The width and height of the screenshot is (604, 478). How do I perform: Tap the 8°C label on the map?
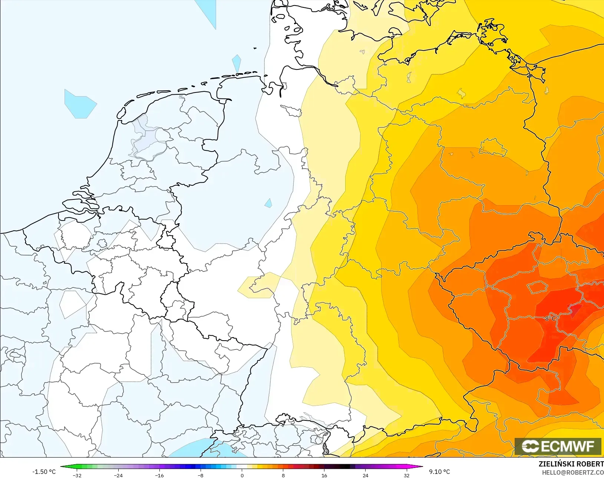550,318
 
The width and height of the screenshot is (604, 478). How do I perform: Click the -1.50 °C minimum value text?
44,472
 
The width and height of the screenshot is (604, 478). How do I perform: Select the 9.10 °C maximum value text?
439,472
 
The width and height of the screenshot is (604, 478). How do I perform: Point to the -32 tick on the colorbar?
77,475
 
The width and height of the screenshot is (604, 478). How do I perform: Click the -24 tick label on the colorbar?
118,475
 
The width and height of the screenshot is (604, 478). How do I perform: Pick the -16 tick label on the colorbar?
159,475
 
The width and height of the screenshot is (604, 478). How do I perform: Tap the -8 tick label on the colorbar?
201,475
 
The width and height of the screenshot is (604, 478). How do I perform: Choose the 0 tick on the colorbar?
242,475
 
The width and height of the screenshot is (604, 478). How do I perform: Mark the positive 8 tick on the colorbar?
283,475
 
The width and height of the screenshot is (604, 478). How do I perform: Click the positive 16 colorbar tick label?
324,475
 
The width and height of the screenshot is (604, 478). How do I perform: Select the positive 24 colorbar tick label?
366,475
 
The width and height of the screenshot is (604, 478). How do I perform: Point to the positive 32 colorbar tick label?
407,475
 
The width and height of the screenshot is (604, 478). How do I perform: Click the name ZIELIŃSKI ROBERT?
571,464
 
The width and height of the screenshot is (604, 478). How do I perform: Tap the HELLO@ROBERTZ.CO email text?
573,472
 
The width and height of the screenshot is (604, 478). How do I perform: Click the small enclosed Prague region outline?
537,287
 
